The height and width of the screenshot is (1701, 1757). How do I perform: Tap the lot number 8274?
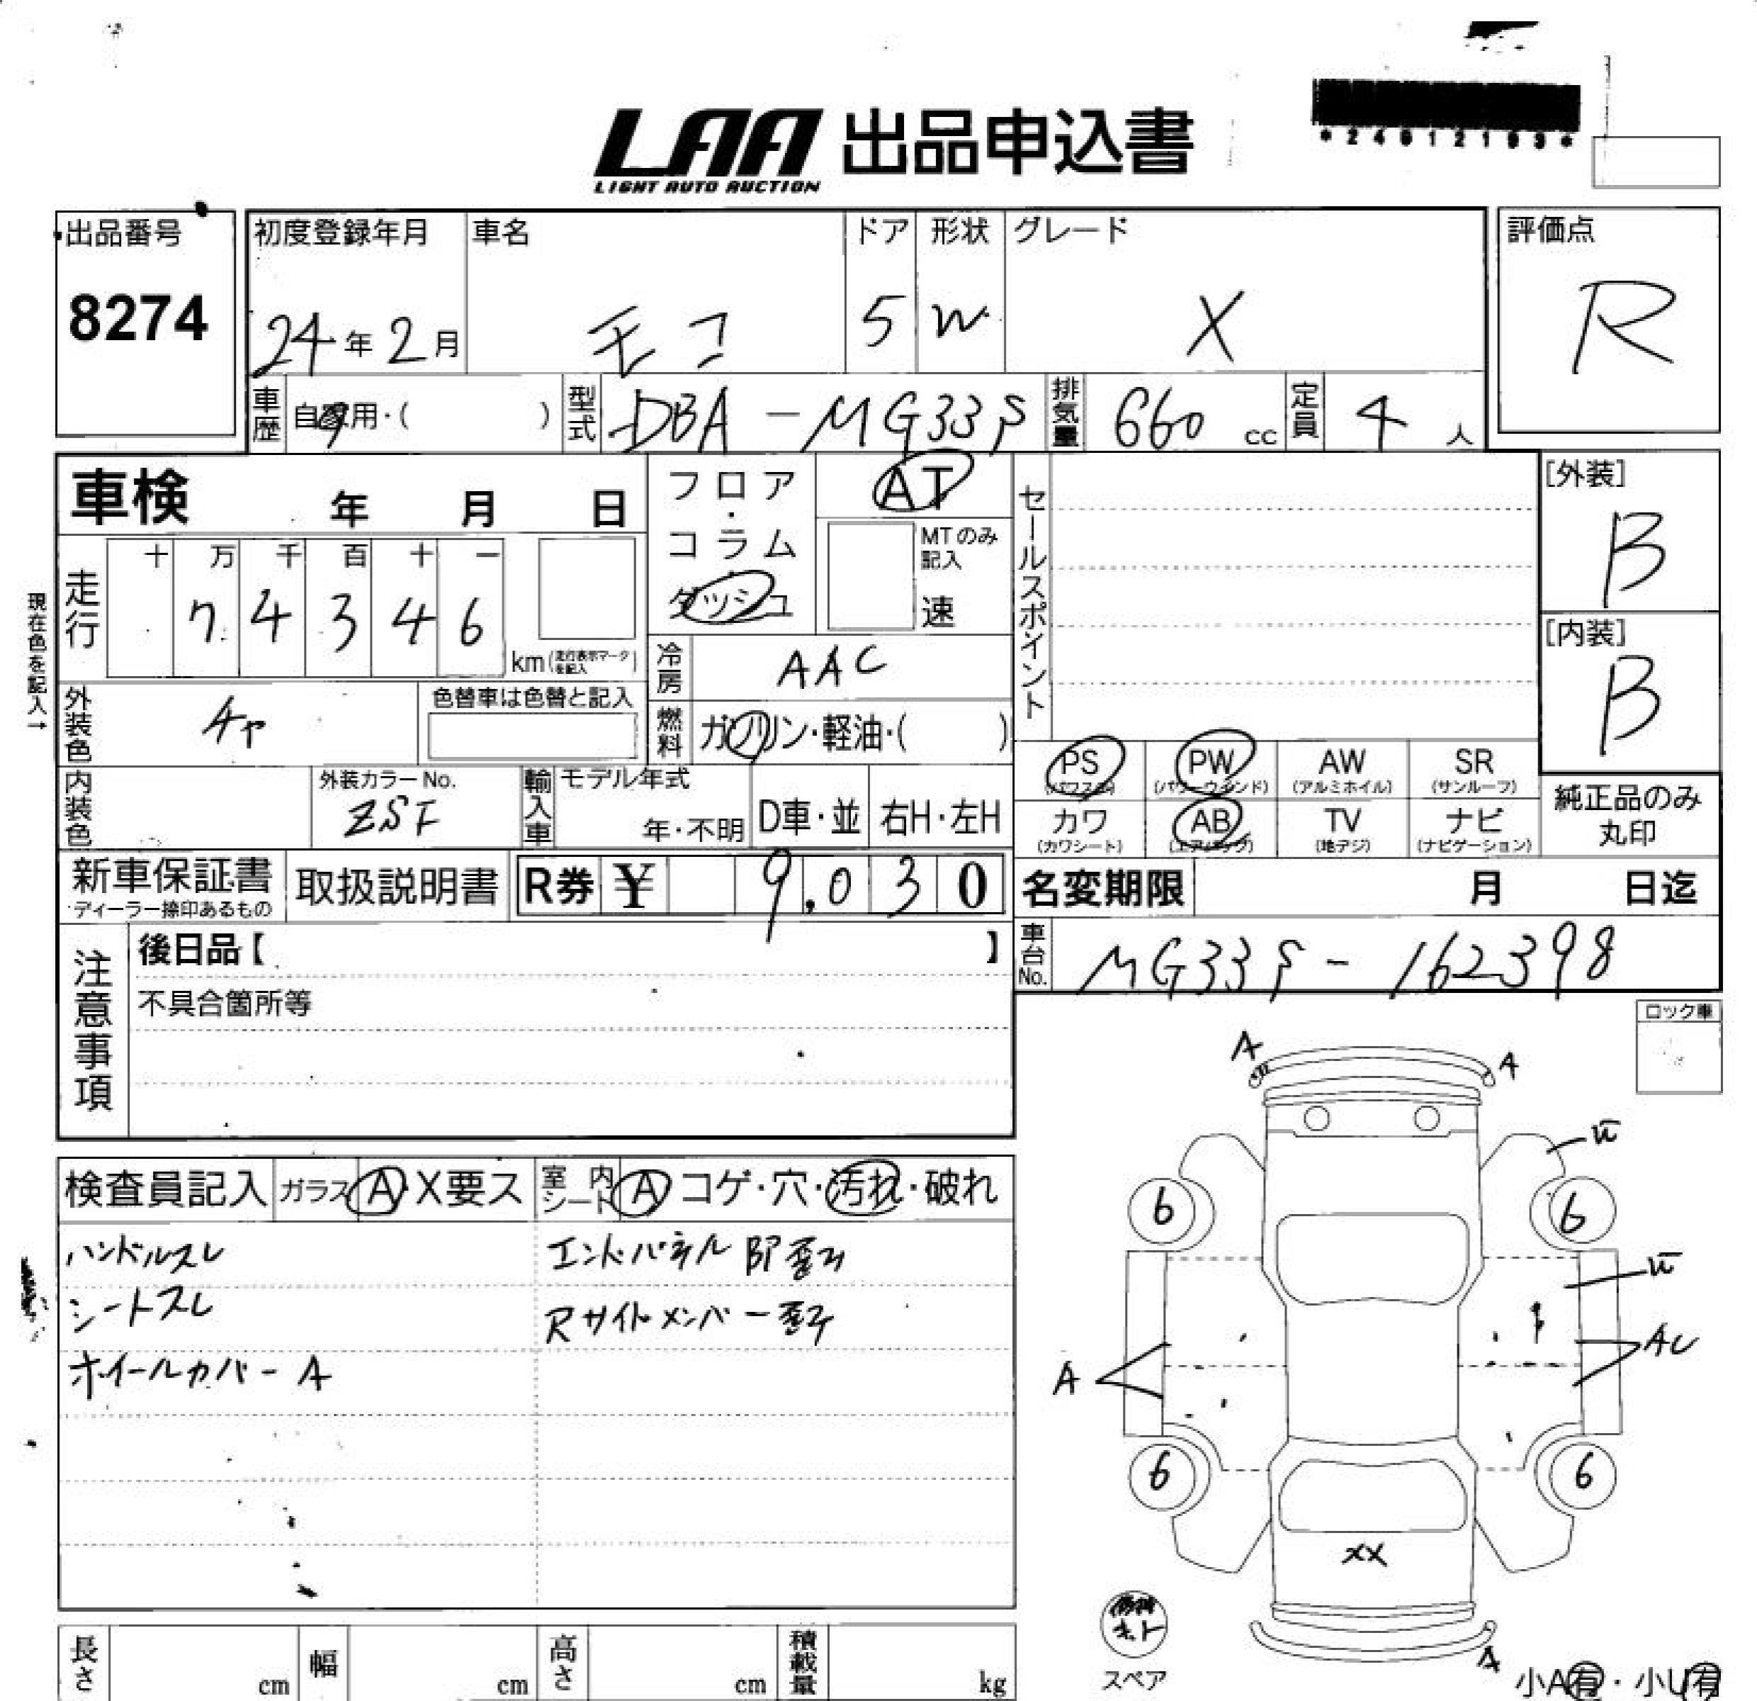[x=138, y=318]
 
